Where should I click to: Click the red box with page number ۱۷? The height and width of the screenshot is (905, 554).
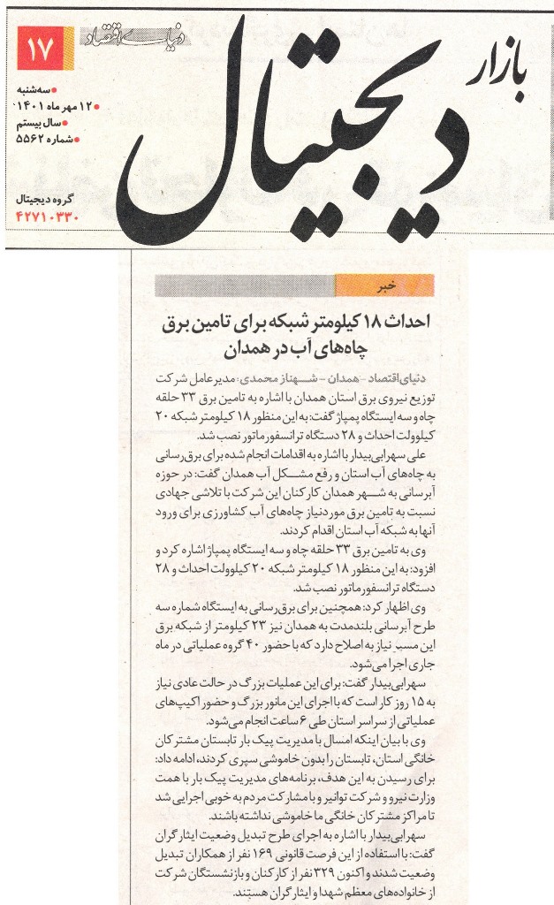pyautogui.click(x=41, y=49)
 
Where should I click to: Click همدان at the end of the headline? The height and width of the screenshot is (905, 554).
pyautogui.click(x=257, y=353)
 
